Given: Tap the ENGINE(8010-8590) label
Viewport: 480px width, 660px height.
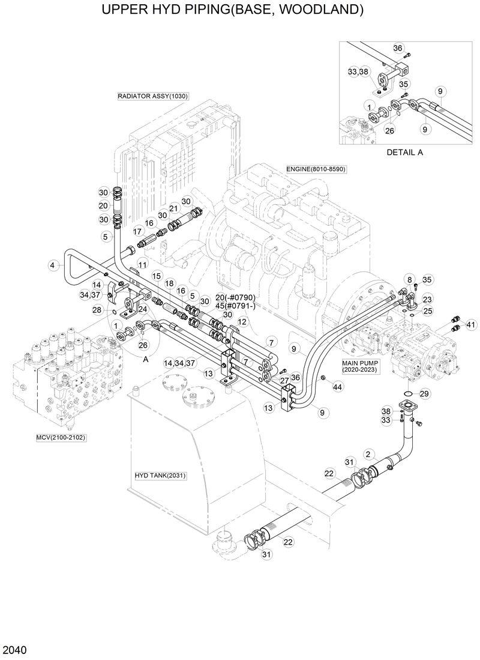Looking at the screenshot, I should pyautogui.click(x=316, y=169).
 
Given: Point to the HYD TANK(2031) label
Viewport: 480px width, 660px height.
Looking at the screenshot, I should pyautogui.click(x=160, y=476).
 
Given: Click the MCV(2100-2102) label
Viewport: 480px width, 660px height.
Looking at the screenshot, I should pyautogui.click(x=61, y=437).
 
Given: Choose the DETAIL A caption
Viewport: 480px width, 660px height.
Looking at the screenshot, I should pyautogui.click(x=404, y=152).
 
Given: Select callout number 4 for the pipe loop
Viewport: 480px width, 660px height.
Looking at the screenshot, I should pyautogui.click(x=53, y=265).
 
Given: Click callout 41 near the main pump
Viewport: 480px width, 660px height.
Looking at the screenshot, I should pyautogui.click(x=470, y=325).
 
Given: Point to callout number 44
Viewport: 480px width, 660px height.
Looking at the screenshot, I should pyautogui.click(x=338, y=388).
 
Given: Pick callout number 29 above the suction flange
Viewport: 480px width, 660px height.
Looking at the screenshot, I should pyautogui.click(x=425, y=393).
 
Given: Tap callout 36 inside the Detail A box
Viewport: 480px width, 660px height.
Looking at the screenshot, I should pyautogui.click(x=398, y=48).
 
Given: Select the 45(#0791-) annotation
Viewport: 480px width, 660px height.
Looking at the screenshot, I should pyautogui.click(x=220, y=305).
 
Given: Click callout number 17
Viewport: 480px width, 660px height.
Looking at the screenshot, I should pyautogui.click(x=137, y=231).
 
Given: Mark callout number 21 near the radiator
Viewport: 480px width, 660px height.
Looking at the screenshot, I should pyautogui.click(x=174, y=208).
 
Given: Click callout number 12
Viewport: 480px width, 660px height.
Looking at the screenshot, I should pyautogui.click(x=242, y=322).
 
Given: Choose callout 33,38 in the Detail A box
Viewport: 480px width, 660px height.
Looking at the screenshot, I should pyautogui.click(x=358, y=72).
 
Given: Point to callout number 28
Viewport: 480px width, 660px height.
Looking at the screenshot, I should pyautogui.click(x=96, y=309).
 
